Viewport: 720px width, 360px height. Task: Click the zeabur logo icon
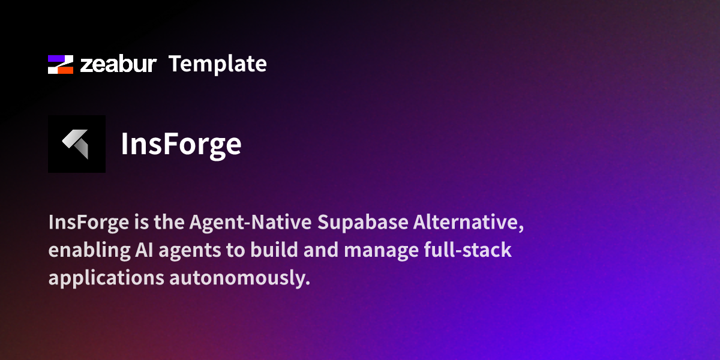(61, 64)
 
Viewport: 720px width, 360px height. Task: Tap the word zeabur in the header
(118, 64)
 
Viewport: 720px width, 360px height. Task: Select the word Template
(217, 64)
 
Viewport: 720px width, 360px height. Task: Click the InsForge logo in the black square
(76, 144)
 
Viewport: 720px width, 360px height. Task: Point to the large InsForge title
(181, 144)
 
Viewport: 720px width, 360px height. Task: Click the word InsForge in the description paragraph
(89, 223)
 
